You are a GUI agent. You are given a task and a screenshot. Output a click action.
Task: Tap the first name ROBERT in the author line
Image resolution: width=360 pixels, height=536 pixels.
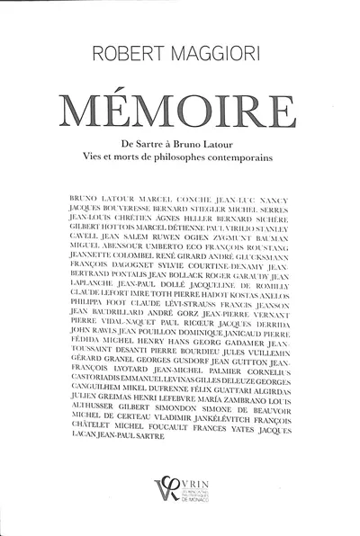pos(132,55)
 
